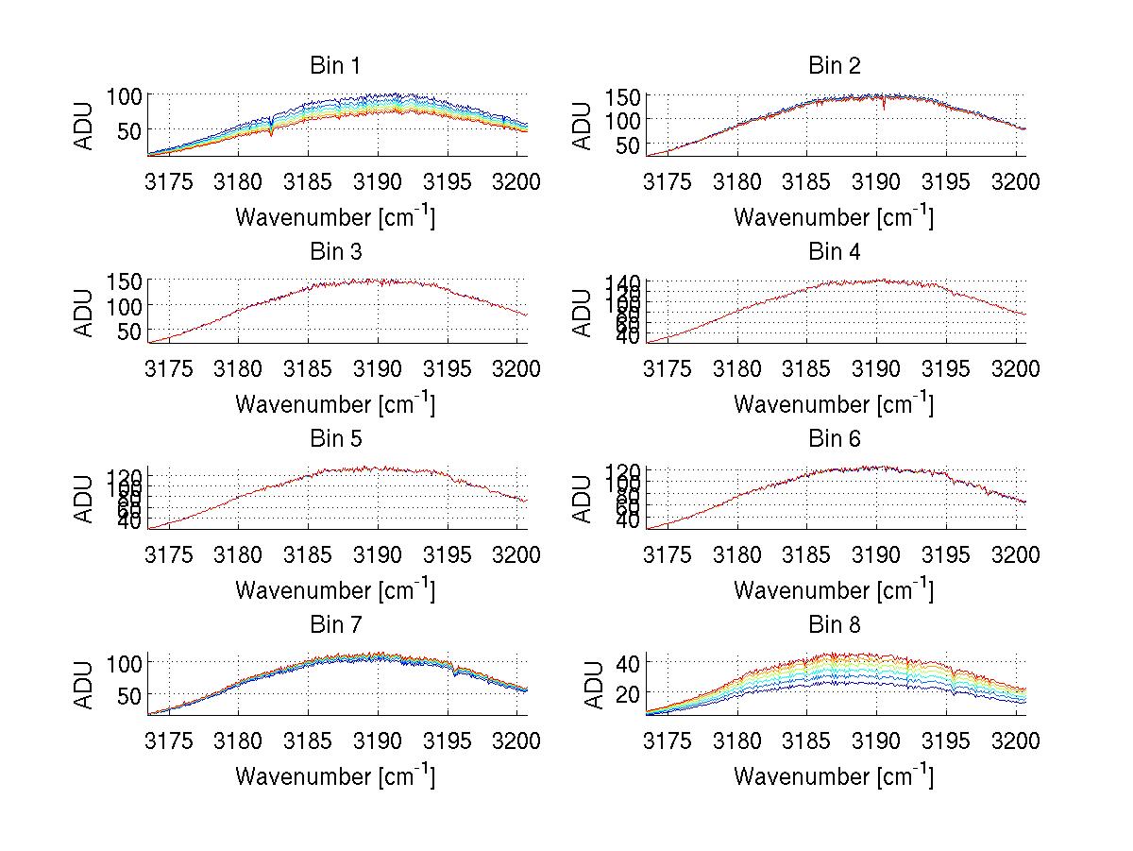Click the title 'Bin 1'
tap(334, 66)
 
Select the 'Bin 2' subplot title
tap(834, 66)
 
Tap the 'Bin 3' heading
tap(334, 252)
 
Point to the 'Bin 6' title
tap(834, 439)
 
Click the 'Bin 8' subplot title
tap(834, 625)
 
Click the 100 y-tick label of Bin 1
tap(123, 96)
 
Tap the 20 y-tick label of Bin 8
tap(627, 694)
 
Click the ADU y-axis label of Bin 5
tap(85, 498)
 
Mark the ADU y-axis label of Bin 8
tap(595, 685)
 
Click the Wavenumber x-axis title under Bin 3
tap(334, 403)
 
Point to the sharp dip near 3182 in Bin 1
tap(272, 131)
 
